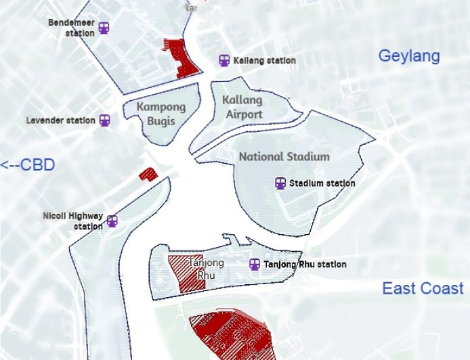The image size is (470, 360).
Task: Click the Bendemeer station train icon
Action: pos(104,28)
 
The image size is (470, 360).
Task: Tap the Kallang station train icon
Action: pos(224,60)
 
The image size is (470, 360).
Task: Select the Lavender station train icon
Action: pos(104,120)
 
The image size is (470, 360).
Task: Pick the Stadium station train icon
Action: pos(280,183)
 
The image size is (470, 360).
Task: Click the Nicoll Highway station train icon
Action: pos(112,221)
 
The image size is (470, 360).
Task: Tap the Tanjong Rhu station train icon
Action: pos(255,265)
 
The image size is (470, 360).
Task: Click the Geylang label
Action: pos(408,56)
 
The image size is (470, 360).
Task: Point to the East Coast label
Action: pos(423,289)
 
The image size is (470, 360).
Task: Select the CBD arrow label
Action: pos(27,165)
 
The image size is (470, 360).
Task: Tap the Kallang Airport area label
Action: pos(242,107)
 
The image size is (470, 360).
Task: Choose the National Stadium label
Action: pos(284,156)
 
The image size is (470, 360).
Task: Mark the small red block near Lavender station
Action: pos(148,175)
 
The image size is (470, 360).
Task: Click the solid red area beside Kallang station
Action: pos(180,58)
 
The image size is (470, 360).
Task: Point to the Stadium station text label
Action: pos(322,183)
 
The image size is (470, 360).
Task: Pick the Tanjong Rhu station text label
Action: pos(305,265)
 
